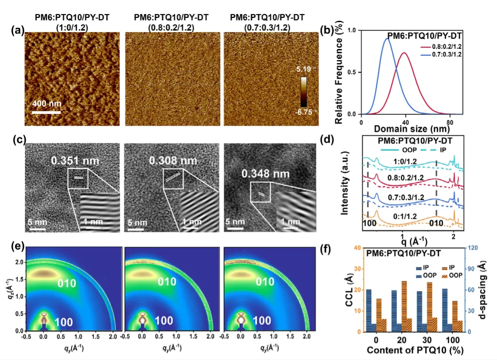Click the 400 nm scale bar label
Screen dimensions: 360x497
click(47, 104)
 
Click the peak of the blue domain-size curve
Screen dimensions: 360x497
click(387, 39)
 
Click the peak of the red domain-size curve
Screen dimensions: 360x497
click(404, 53)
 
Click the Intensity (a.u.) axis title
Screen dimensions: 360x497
click(345, 183)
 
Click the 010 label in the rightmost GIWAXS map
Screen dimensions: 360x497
click(265, 282)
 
